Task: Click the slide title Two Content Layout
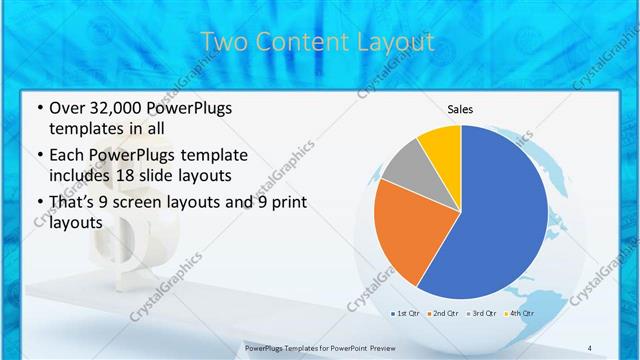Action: click(318, 42)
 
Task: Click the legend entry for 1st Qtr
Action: click(407, 315)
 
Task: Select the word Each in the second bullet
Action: click(67, 155)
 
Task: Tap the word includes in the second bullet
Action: click(84, 176)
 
